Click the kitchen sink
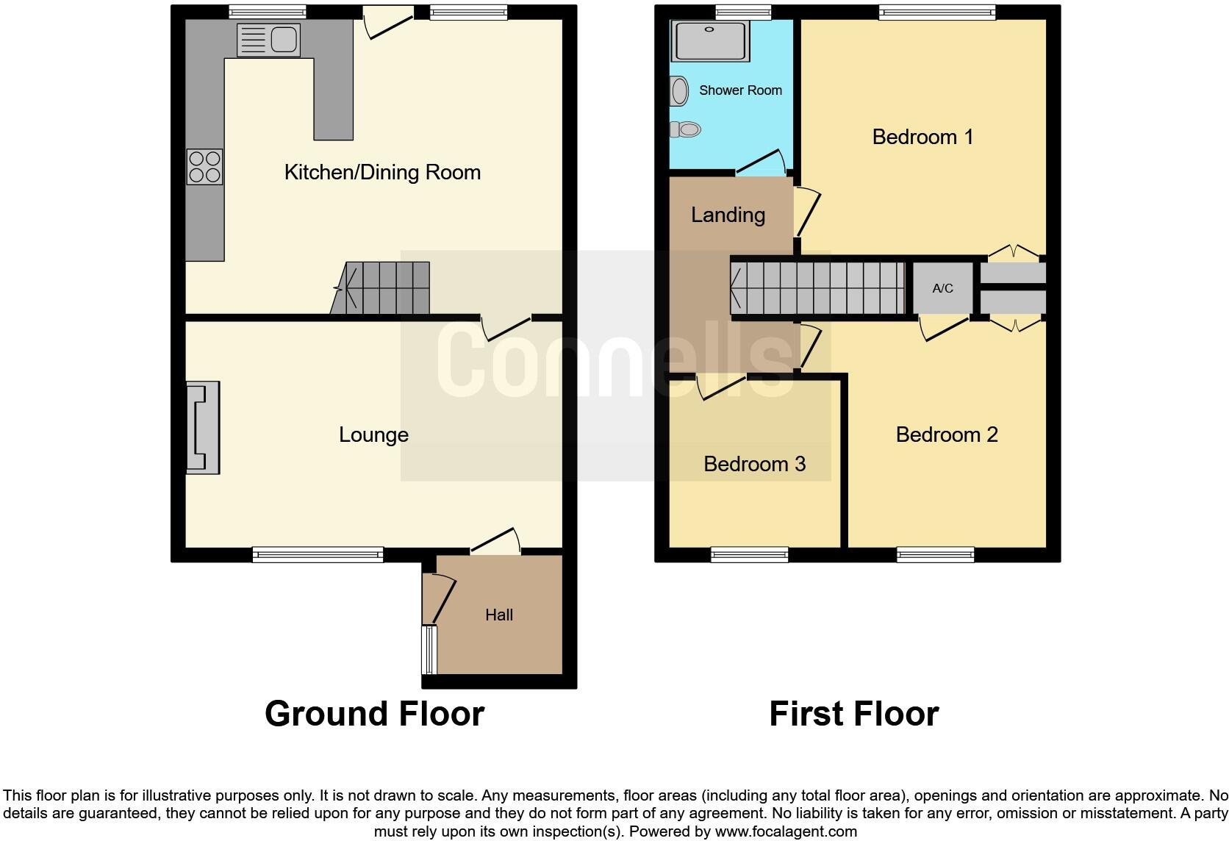pos(269,40)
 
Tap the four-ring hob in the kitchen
pos(204,167)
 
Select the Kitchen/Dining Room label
pos(382,172)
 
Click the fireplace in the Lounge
pos(203,427)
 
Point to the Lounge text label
pos(373,434)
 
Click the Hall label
pos(498,615)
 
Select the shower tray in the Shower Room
pos(709,40)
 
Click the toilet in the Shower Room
pos(685,130)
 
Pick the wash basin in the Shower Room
pos(679,92)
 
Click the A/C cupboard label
pos(942,288)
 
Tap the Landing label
pos(728,215)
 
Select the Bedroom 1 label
pos(922,137)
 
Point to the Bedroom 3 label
pos(754,464)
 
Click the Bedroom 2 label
pos(947,434)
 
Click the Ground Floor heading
pos(374,714)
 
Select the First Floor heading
pos(853,714)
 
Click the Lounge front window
pos(318,555)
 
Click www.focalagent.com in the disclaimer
pos(786,832)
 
